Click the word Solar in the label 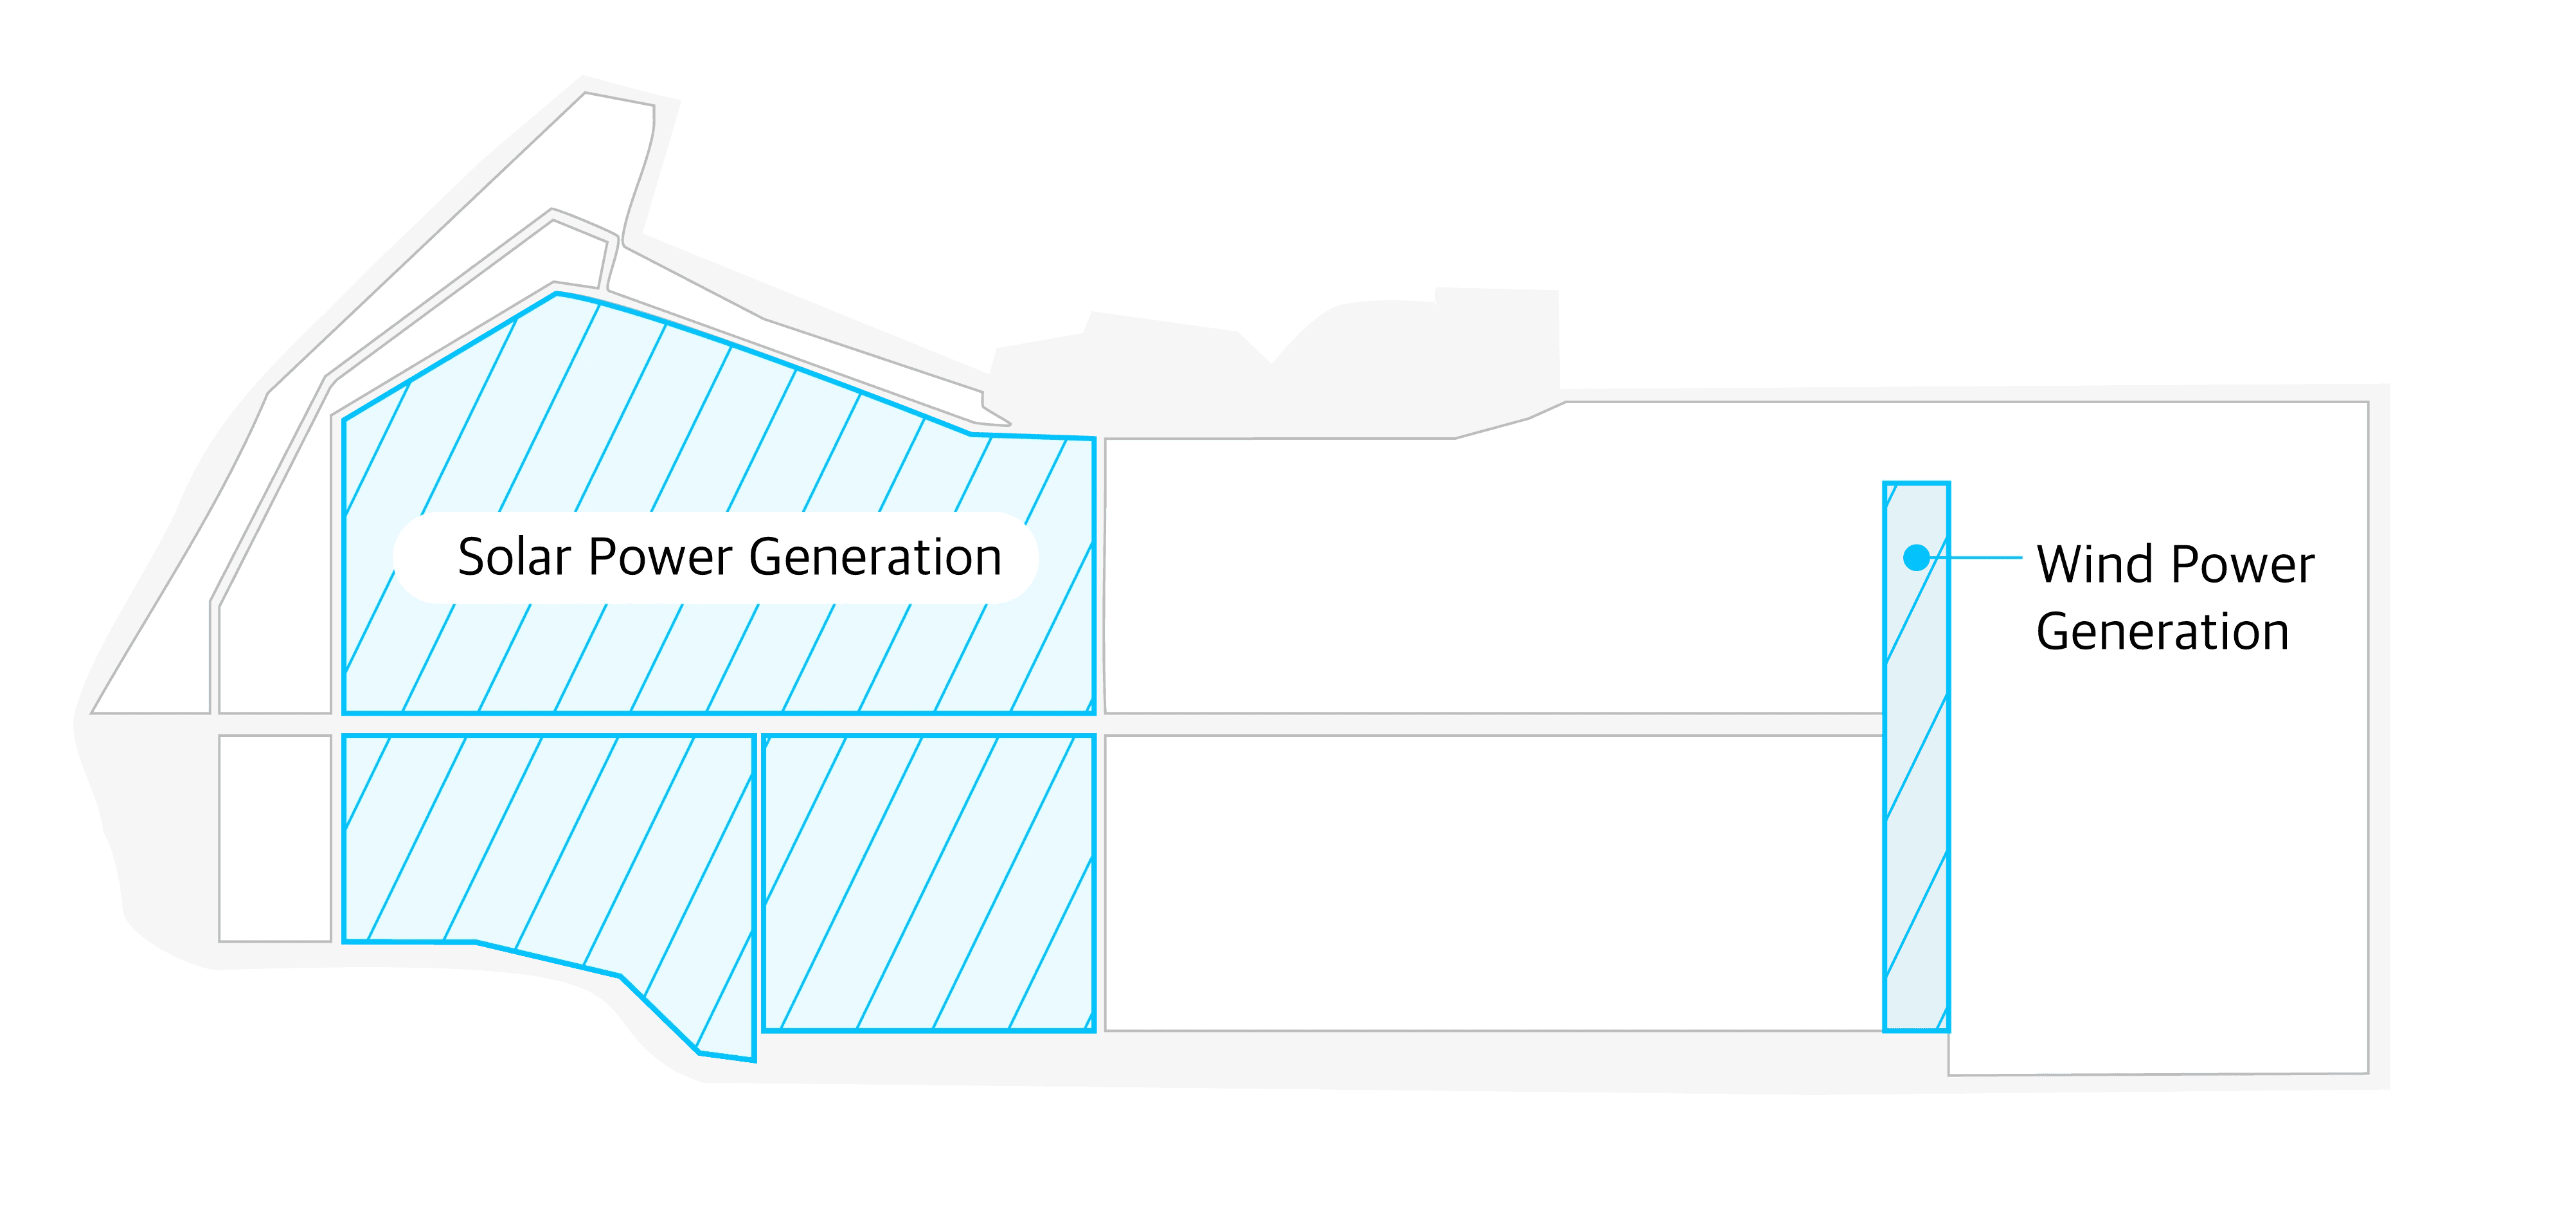(x=515, y=557)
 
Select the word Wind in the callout (x=2090, y=565)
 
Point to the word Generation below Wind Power (x=2162, y=632)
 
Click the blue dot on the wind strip (x=1915, y=557)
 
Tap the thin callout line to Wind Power (x=1986, y=557)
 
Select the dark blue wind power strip (x=1916, y=799)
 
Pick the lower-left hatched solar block (x=549, y=849)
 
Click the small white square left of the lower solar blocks (x=274, y=838)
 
